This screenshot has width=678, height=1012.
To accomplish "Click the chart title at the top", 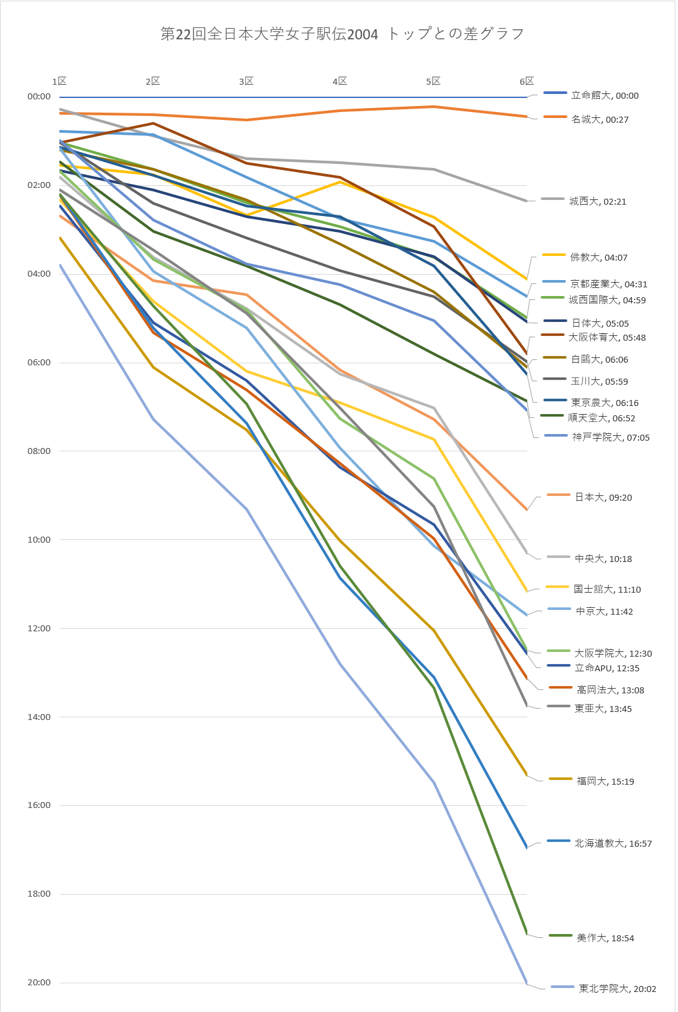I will coord(342,34).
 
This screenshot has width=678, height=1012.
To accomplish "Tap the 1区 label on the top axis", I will coord(59,81).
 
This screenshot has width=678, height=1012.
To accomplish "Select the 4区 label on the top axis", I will coord(340,81).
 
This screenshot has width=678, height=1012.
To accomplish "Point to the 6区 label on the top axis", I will coord(527,81).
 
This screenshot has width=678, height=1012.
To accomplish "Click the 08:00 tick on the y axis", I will coord(39,451).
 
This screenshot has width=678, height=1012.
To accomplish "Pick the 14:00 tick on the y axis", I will coord(39,717).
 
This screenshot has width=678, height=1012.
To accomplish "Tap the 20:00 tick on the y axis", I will coord(39,983).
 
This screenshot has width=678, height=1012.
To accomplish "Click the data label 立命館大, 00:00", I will coord(604,96).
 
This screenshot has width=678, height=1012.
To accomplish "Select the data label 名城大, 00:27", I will coord(599,120).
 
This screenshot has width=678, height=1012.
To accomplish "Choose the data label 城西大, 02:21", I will coord(597,201).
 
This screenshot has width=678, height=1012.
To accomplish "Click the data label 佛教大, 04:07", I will coord(598,257).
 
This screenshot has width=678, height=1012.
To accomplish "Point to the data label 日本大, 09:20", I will coord(603,497).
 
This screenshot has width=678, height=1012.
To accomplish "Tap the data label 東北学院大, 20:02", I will coord(617,989).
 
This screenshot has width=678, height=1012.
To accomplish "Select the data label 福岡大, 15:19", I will coord(605,781).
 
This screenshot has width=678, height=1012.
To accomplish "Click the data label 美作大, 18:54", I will coord(605,938).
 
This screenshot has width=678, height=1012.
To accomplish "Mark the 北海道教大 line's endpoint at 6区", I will coord(527,847).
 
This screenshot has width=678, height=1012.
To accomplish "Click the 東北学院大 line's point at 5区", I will coord(434,782).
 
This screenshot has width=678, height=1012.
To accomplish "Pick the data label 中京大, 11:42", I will coord(604,611).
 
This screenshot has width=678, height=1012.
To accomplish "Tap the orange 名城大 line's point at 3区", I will coord(247,120).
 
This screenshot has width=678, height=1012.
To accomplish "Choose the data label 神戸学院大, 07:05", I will coord(610,437).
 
